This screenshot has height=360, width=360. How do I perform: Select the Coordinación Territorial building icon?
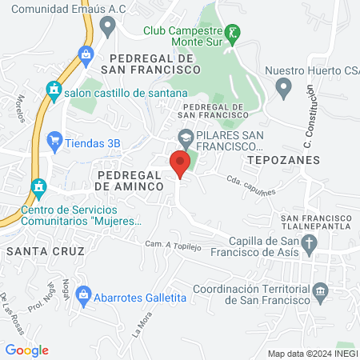(x=321, y=290)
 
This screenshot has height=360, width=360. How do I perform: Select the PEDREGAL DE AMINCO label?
(x=130, y=179)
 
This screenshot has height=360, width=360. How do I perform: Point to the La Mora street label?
(x=142, y=307)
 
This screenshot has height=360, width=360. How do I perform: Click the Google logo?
(x=26, y=350)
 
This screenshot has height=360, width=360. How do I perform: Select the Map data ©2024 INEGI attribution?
(x=312, y=353)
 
